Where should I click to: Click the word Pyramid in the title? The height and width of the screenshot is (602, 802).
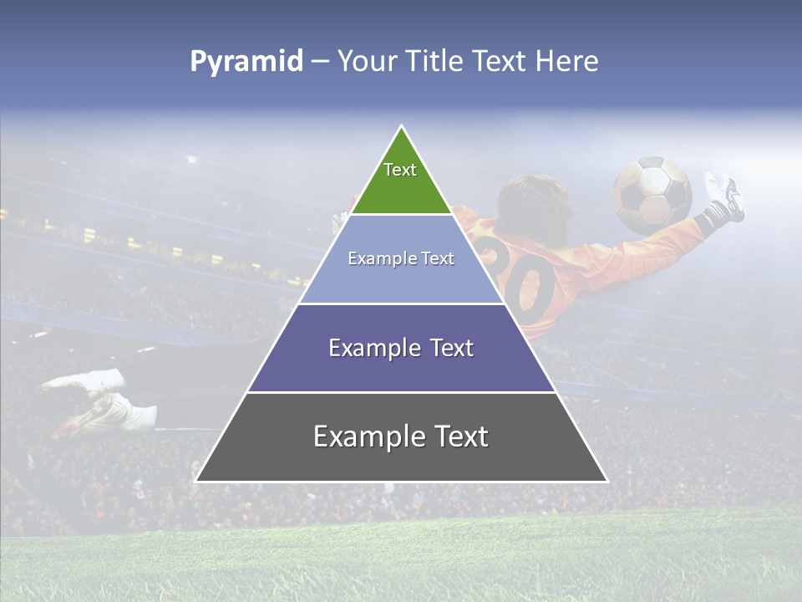tap(246, 62)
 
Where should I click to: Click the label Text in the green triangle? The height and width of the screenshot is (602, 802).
tap(400, 170)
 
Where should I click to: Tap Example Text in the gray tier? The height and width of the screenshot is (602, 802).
tap(401, 436)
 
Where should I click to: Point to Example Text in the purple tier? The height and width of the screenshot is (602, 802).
tap(401, 348)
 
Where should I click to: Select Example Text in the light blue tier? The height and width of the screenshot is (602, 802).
tap(401, 258)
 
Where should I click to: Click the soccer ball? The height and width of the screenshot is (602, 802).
tap(652, 195)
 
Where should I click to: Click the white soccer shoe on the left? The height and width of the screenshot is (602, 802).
tap(100, 401)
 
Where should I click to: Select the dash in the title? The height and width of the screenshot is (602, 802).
tap(319, 62)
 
